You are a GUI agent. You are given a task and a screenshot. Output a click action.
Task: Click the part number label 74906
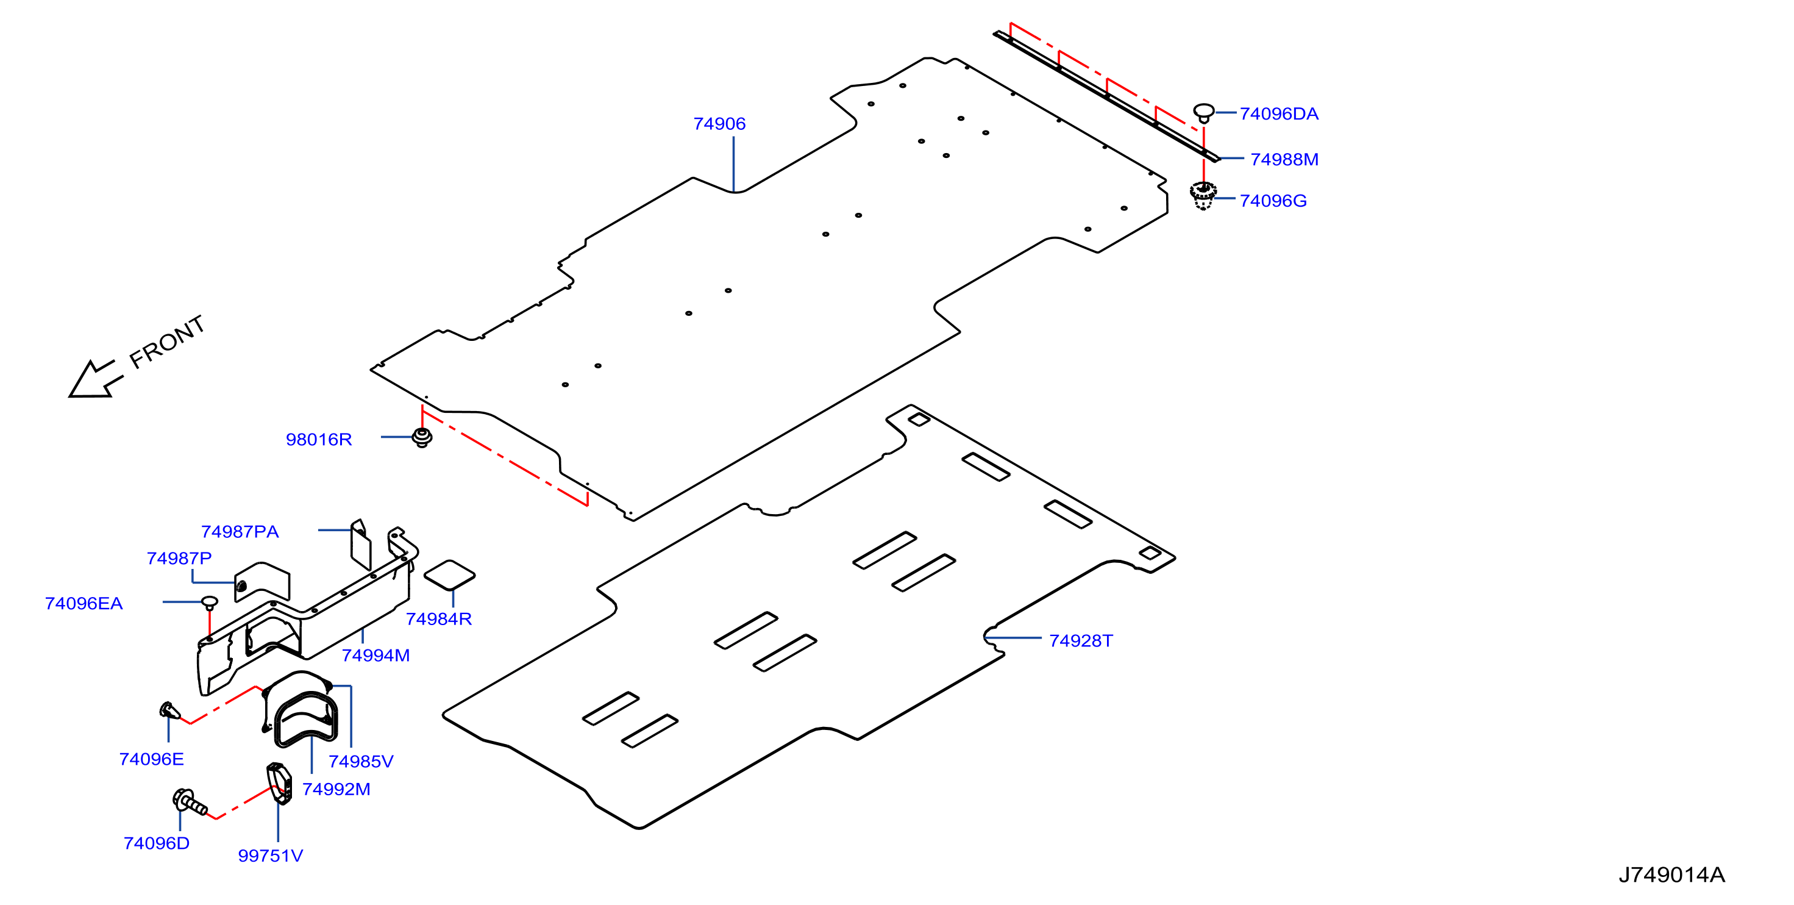click(x=719, y=124)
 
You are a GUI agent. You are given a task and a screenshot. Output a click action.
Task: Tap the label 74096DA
click(x=1279, y=114)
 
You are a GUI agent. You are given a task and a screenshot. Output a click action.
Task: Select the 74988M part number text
click(x=1284, y=160)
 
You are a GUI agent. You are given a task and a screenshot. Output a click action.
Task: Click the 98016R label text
click(x=319, y=440)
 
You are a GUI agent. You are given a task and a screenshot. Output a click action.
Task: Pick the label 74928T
click(x=1081, y=641)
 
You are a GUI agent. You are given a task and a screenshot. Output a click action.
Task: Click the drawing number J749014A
click(x=1671, y=875)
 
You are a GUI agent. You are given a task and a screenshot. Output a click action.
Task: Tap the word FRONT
click(x=167, y=342)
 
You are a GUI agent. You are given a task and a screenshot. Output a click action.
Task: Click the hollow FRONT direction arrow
click(x=96, y=379)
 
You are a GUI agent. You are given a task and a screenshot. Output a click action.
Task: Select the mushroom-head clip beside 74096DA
click(x=1204, y=113)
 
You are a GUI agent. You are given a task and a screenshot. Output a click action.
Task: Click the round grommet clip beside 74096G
click(x=1203, y=196)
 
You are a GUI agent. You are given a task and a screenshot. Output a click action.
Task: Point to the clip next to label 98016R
click(x=422, y=437)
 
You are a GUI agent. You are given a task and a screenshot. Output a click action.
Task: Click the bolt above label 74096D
click(x=190, y=802)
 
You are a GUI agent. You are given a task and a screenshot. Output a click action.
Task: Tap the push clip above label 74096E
click(x=170, y=710)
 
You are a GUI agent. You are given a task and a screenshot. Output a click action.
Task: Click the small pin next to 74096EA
click(x=210, y=602)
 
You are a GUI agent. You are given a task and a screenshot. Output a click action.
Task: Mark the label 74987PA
click(x=240, y=532)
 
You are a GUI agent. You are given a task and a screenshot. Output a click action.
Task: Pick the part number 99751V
click(x=270, y=856)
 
